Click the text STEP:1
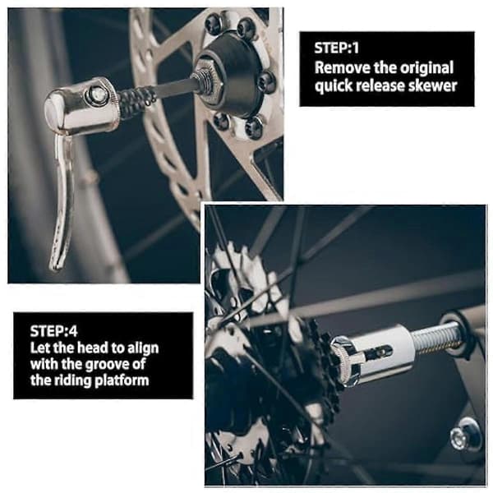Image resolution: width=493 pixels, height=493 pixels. click(x=336, y=48)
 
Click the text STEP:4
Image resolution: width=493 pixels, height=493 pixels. click(x=53, y=331)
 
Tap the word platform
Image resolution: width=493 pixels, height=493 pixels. click(x=122, y=380)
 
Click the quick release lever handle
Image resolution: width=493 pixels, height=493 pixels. click(x=62, y=201)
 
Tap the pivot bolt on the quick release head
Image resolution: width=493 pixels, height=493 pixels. click(x=96, y=94)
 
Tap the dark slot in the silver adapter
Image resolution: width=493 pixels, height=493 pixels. click(x=380, y=352)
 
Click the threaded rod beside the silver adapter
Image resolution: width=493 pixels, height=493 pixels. click(x=438, y=339)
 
